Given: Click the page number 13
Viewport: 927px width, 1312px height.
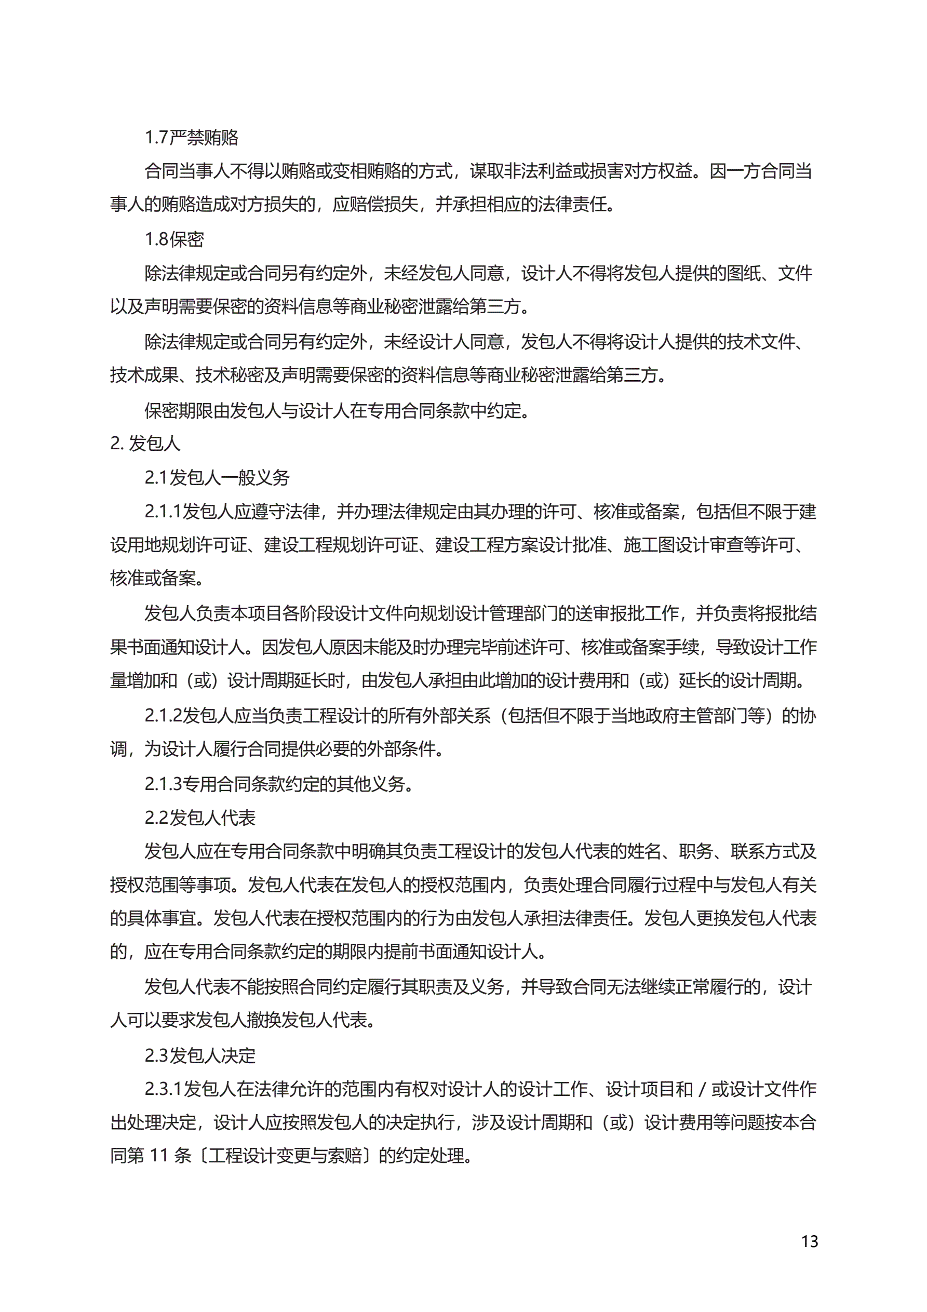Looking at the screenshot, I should click(x=809, y=1241).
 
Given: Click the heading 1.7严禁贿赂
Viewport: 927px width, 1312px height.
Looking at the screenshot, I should click(x=192, y=138).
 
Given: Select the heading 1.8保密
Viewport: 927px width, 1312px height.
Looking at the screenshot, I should click(x=174, y=239).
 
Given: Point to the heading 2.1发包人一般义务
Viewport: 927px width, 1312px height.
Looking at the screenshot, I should click(x=217, y=478).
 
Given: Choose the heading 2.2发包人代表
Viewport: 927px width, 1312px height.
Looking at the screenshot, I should click(x=200, y=818).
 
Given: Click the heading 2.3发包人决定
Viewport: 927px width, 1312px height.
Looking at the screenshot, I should click(x=200, y=1055).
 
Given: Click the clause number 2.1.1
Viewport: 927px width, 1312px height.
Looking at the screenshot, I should click(x=163, y=512).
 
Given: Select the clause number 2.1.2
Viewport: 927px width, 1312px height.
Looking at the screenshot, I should click(x=163, y=715).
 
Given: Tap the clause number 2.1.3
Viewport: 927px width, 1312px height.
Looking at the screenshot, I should click(x=163, y=784).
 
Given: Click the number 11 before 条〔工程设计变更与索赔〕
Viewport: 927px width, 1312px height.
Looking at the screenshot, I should click(x=159, y=1156).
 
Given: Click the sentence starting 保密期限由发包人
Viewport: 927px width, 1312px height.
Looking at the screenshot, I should click(x=337, y=410).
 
